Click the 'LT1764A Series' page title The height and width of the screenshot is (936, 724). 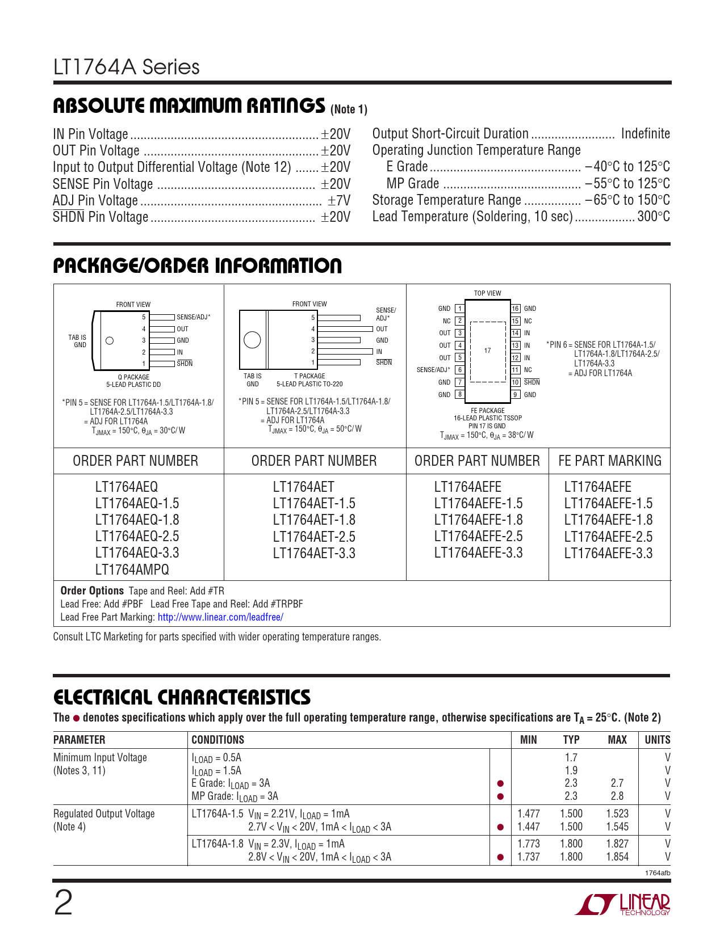127,67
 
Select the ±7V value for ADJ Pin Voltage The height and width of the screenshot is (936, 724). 339,200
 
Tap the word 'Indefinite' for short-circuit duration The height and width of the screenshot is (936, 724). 645,133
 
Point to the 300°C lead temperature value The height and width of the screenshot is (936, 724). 654,217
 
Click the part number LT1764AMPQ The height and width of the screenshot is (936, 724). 132,570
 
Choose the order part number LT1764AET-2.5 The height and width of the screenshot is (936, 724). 314,537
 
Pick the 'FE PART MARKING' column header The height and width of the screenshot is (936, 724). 610,461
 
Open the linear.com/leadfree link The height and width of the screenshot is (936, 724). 220,617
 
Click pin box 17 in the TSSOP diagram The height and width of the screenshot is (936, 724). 488,351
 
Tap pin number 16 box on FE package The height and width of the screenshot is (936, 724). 516,309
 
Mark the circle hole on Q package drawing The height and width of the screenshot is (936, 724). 110,341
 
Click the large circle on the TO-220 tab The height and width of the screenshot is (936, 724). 252,340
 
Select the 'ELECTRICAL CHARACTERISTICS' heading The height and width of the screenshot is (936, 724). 182,697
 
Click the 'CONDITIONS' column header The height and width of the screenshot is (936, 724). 218,740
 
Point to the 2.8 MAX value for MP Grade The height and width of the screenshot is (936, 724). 617,796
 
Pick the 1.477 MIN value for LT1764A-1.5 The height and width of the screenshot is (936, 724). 529,813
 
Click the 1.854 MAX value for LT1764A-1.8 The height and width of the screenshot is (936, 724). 617,857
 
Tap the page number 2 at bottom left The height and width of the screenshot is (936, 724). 63,903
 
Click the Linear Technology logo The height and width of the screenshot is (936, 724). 623,904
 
